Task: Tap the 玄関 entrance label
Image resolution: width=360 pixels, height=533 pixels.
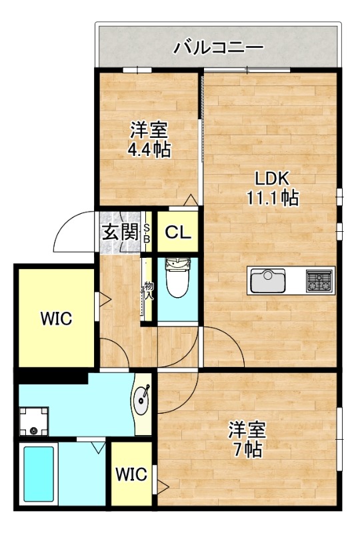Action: click(121, 233)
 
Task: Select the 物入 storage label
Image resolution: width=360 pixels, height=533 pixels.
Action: click(148, 291)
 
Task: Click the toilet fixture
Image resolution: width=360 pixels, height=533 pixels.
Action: click(177, 278)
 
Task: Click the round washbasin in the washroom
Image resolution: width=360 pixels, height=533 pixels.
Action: click(142, 400)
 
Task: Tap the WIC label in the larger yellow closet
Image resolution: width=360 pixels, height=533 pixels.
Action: click(55, 318)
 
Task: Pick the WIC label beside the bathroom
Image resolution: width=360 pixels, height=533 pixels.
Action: click(131, 474)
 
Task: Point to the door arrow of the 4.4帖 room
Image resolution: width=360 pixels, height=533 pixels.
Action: click(191, 199)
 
